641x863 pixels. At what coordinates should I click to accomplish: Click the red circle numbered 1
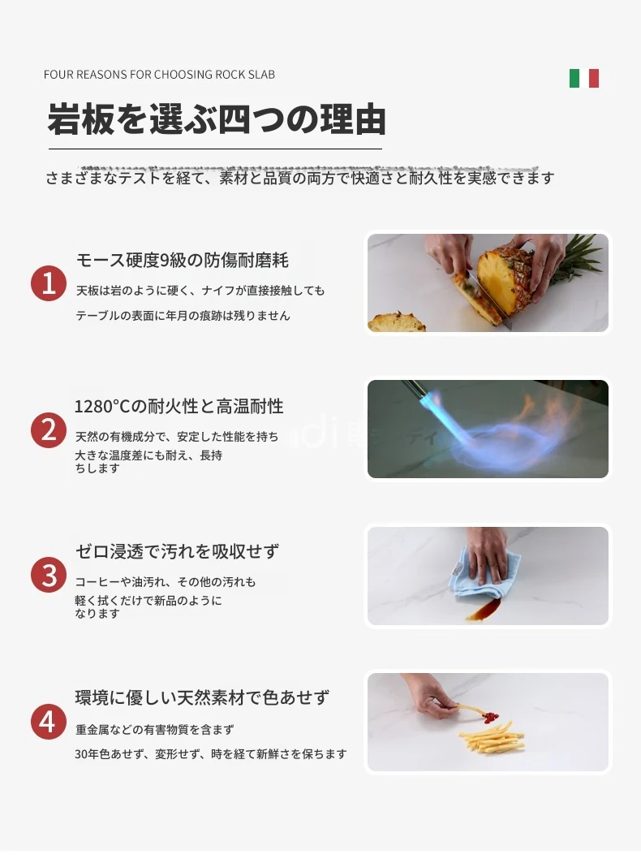pos(49,283)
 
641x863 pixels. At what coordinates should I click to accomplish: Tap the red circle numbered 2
pos(49,430)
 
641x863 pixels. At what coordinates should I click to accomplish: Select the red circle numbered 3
pos(49,575)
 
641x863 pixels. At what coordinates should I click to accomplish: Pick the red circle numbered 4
pos(49,722)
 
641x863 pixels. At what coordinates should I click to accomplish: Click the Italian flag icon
pos(583,78)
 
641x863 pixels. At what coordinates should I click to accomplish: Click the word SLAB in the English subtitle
pos(261,75)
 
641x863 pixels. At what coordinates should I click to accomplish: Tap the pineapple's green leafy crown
pos(575,259)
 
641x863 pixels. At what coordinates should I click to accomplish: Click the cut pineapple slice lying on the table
pos(397,322)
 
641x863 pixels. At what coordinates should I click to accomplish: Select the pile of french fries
pos(492,738)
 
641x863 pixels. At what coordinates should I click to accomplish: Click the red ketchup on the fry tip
pos(490,717)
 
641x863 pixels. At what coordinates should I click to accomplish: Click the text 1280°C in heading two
pos(102,407)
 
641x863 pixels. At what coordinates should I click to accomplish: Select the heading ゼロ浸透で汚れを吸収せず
pos(177,551)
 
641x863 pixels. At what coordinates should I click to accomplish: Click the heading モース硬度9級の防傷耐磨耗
pos(182,261)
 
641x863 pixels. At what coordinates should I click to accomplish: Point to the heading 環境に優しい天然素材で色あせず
pos(203,698)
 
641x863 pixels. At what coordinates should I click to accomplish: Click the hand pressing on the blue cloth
pos(488,553)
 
